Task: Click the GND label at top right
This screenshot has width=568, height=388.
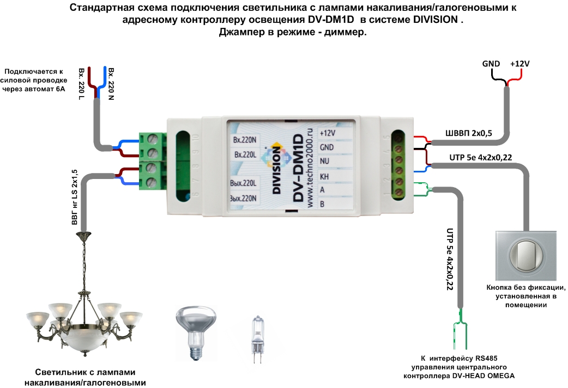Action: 491,64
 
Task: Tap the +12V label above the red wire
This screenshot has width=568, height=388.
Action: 519,64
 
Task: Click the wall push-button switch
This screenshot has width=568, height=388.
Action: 526,255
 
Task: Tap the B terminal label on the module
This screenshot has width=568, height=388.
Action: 323,204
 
